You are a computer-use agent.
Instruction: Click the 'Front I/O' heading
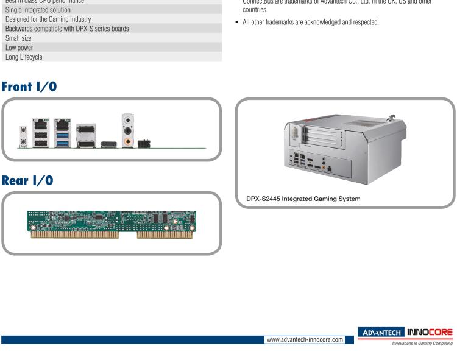37,86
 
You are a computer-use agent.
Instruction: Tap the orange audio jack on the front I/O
128,139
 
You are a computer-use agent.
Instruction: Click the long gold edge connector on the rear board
79,235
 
